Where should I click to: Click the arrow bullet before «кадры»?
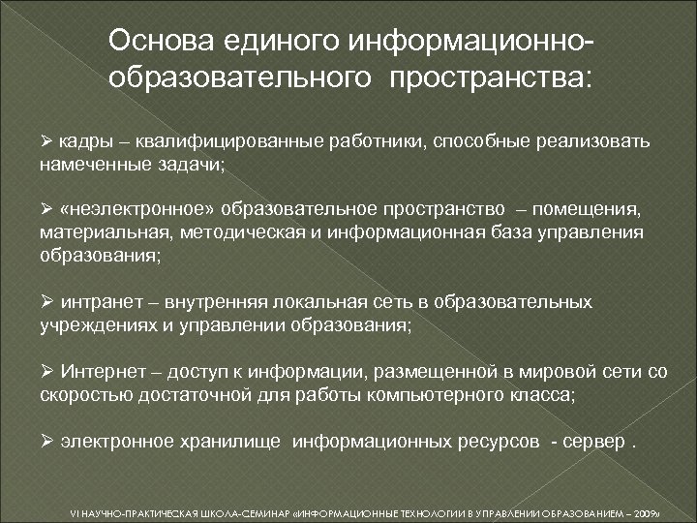(x=46, y=141)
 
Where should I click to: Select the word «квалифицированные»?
(x=212, y=141)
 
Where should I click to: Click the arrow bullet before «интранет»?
(x=46, y=302)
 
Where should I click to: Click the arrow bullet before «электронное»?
(x=46, y=442)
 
